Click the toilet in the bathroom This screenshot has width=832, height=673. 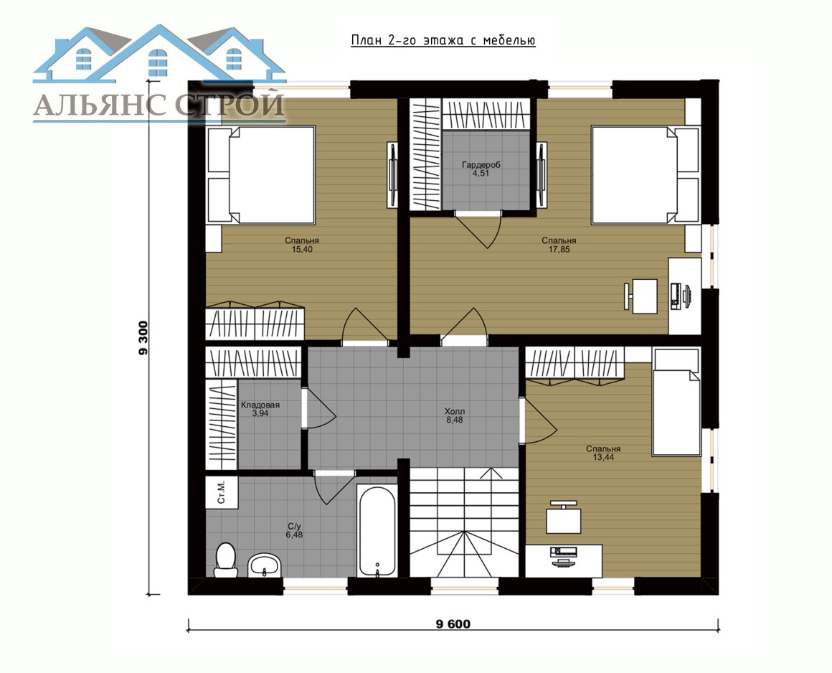click(226, 560)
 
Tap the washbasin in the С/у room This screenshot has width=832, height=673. click(265, 565)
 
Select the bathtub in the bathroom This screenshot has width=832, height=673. click(377, 531)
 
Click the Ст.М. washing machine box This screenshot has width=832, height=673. click(221, 492)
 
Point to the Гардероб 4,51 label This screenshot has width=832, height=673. click(481, 169)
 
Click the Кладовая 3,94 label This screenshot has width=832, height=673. click(260, 409)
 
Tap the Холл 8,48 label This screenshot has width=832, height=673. click(455, 415)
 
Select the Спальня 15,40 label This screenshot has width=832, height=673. click(302, 245)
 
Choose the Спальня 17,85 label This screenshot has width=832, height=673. click(559, 245)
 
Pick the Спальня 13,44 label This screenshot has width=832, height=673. click(603, 453)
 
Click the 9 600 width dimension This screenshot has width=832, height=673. click(453, 624)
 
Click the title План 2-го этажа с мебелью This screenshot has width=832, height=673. click(443, 41)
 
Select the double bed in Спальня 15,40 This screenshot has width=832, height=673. click(261, 174)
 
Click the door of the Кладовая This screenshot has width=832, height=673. click(319, 408)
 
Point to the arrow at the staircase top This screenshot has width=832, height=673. click(494, 474)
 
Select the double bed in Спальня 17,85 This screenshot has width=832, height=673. click(646, 174)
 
